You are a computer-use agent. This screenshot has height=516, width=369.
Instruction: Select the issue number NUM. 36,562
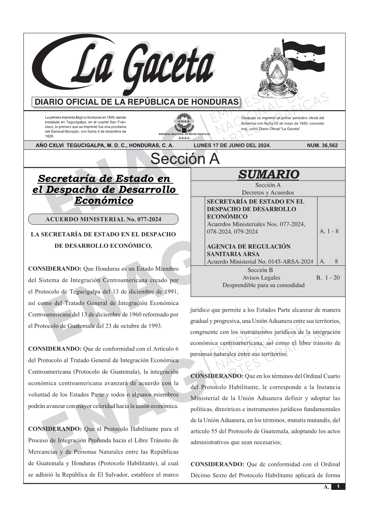(x=322, y=145)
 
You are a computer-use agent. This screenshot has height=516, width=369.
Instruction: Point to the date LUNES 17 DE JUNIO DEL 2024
(x=232, y=145)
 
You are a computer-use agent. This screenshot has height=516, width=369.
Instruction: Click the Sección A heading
(x=185, y=159)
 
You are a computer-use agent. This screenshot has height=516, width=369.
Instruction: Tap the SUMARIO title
(x=268, y=174)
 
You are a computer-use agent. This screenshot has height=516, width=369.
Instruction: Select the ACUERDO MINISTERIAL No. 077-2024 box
(x=103, y=219)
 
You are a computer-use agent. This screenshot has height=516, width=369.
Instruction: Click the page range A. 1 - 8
(x=329, y=231)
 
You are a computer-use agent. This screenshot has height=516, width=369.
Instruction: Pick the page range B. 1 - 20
(x=328, y=278)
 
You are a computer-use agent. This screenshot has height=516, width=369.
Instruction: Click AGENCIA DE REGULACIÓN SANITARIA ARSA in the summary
(x=248, y=250)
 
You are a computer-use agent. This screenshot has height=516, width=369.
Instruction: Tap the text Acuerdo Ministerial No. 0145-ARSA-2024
(x=260, y=261)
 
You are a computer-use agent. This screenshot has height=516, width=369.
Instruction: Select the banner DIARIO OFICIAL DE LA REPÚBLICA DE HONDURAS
(x=137, y=102)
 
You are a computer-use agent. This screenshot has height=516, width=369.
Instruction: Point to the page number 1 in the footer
(x=338, y=487)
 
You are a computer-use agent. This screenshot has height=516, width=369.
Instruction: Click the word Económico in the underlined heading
(x=103, y=200)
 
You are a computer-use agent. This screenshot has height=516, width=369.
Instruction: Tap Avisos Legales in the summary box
(x=261, y=278)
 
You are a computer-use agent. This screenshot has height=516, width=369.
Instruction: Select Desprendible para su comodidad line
(x=263, y=285)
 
